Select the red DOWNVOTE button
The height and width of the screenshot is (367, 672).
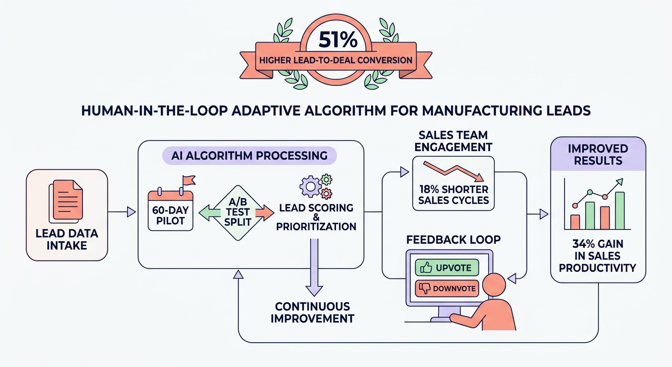click(447, 288)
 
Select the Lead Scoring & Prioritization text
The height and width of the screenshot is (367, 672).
click(315, 217)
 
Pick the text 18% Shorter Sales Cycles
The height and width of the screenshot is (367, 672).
click(453, 194)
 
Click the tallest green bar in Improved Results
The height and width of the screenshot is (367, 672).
click(619, 210)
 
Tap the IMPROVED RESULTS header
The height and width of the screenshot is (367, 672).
click(598, 154)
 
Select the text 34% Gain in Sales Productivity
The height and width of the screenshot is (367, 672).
click(598, 256)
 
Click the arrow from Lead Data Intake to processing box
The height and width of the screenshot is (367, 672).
click(122, 211)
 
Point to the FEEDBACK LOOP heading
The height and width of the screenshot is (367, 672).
click(453, 239)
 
